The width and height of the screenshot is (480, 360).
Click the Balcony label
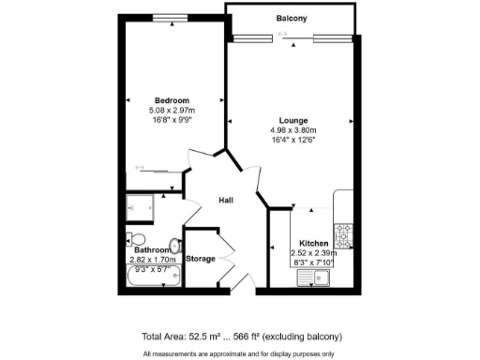(x=292, y=19)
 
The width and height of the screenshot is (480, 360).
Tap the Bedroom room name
(x=172, y=101)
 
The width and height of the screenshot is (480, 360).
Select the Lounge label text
(x=293, y=120)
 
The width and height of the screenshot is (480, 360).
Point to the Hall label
(x=226, y=200)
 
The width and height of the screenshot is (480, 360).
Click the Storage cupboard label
(x=201, y=258)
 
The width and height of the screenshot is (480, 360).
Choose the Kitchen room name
(x=313, y=243)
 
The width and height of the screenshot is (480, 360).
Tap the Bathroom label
(x=152, y=250)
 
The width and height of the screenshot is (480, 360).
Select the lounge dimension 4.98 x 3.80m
(x=293, y=130)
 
